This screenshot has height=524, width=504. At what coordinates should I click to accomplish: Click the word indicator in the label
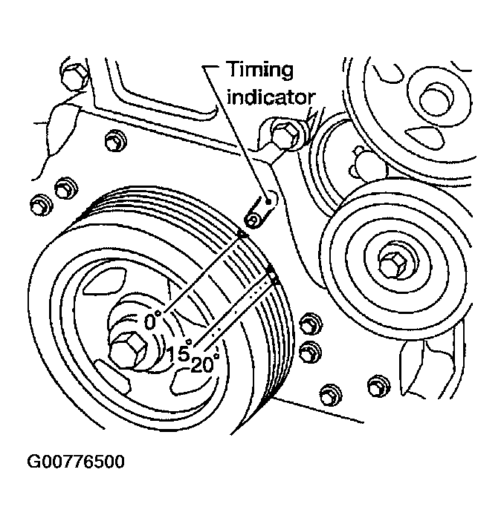pos(271,97)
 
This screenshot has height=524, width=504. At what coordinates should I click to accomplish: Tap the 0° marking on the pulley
pos(152,321)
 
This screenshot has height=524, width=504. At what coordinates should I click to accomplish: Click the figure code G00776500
pos(76,462)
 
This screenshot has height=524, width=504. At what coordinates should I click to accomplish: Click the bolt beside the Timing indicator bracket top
pos(284,134)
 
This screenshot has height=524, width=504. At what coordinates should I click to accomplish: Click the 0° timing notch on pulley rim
pos(242,235)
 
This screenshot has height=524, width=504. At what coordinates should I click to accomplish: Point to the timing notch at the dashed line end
pos(273,277)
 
